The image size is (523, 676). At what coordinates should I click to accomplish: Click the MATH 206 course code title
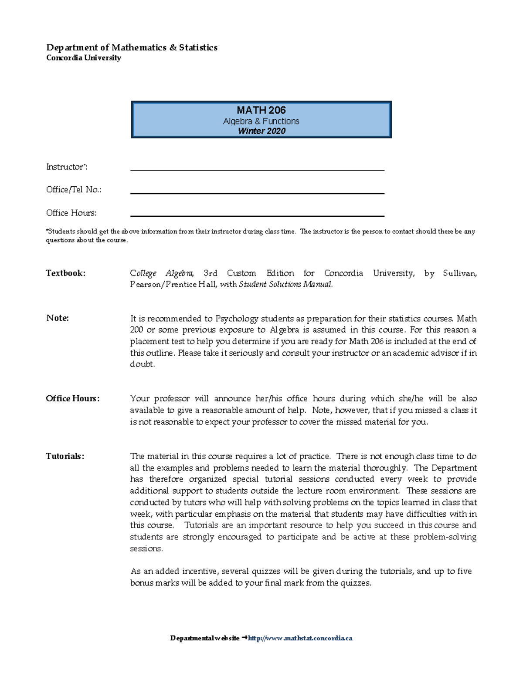coord(261,110)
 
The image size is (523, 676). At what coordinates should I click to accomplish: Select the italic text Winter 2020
coord(261,131)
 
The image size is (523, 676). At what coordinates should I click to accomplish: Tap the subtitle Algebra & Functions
coord(261,121)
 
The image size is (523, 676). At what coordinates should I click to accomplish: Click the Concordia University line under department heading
coord(84,58)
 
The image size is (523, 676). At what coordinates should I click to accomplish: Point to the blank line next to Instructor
coord(257,170)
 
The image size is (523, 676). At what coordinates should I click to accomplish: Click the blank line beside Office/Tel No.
coord(257,193)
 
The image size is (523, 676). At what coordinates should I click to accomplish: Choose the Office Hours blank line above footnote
coord(257,215)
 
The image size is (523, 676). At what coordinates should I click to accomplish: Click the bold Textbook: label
coord(66,273)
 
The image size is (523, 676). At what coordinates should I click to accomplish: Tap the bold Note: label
coord(58,318)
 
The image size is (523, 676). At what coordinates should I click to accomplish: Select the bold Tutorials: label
coord(65,456)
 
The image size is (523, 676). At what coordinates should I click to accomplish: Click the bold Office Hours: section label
coord(73,398)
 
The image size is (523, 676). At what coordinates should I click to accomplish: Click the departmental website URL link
coord(300,638)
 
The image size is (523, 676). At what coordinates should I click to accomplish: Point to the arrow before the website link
coord(244,638)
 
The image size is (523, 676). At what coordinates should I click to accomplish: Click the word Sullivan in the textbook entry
coord(459,273)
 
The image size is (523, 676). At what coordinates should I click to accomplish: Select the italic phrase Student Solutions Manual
coord(285,284)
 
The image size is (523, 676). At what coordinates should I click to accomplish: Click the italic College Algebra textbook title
coord(162,273)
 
